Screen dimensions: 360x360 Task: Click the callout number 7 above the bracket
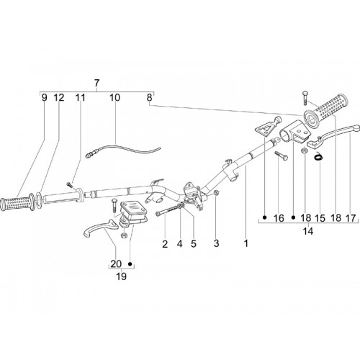point(96,83)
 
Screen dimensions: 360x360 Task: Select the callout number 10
point(114,98)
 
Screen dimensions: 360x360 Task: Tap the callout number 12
point(59,98)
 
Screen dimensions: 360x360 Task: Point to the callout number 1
point(246,243)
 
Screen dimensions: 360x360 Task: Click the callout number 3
point(216,243)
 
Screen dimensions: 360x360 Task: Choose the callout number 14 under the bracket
point(308,231)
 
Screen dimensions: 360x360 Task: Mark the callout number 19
point(121,276)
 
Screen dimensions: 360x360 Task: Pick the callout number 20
point(116,264)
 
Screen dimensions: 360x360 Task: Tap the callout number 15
point(320,218)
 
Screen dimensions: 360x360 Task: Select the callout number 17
point(351,218)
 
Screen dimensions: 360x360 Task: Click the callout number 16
point(279,218)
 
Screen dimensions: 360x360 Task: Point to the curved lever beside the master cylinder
point(101,228)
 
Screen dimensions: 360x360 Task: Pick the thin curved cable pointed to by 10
point(122,150)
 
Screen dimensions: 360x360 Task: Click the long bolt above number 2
point(168,210)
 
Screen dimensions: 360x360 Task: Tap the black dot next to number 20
point(130,264)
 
